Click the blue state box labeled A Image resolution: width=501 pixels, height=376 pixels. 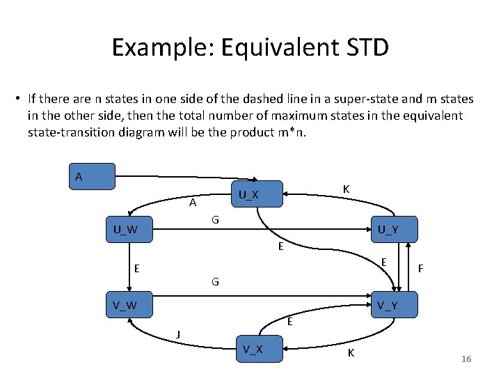click(x=91, y=177)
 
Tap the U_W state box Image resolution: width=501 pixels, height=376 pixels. click(x=128, y=229)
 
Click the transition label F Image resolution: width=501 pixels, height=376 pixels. click(x=420, y=267)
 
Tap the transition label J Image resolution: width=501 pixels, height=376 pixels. click(x=178, y=334)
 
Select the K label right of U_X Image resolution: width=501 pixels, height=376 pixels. click(x=346, y=189)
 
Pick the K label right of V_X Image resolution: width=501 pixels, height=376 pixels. click(x=351, y=352)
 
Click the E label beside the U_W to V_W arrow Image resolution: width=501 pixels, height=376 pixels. click(x=137, y=267)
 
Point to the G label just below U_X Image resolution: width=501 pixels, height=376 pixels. click(x=216, y=220)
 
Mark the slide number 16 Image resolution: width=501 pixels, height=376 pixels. click(x=466, y=359)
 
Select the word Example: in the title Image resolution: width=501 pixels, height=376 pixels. click(x=161, y=47)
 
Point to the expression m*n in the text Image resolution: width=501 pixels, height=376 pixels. click(x=292, y=131)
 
